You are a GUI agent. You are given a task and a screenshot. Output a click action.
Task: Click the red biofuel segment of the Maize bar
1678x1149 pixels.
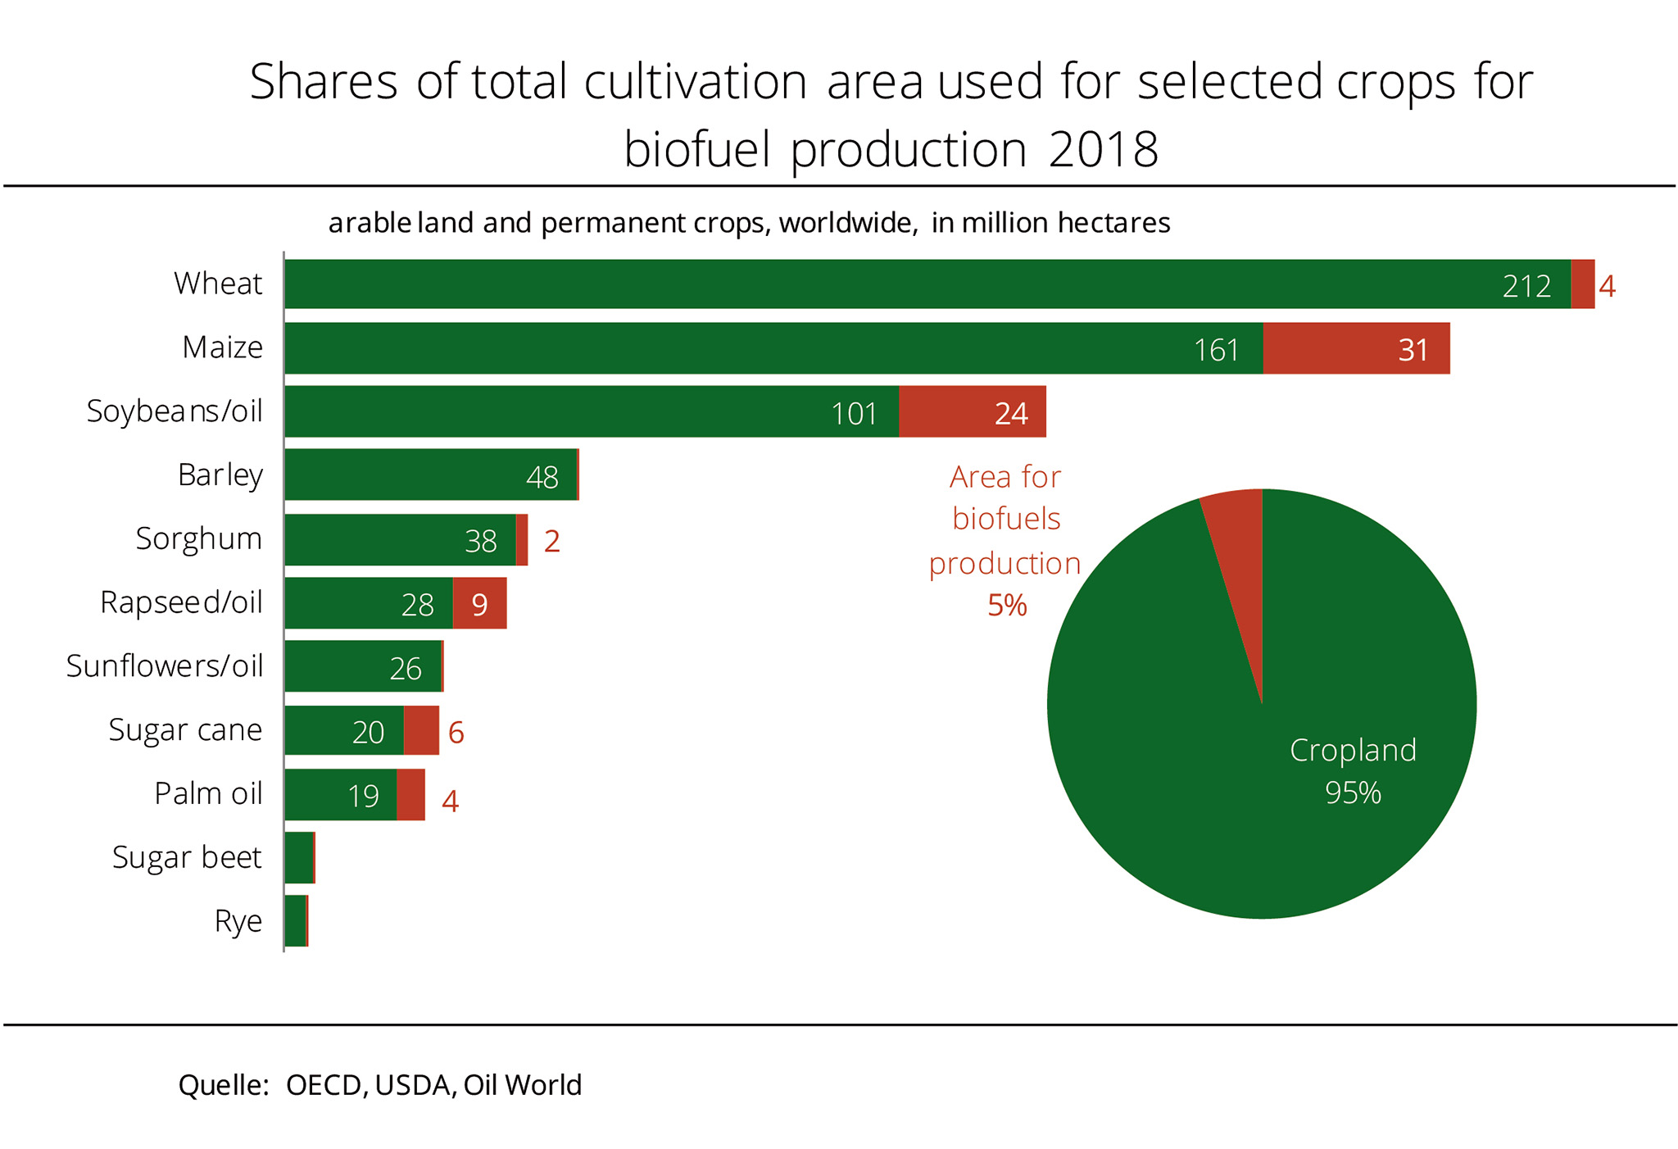[1356, 348]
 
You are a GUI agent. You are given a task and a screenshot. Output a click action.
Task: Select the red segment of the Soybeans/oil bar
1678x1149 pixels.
[972, 411]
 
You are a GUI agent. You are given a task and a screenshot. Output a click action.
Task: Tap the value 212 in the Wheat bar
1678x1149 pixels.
[1526, 286]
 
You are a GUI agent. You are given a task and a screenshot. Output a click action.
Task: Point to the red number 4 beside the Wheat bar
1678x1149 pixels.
[1607, 286]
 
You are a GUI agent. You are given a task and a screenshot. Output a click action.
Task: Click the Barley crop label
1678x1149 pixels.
[220, 475]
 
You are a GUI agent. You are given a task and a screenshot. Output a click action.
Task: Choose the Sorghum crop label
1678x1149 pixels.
[198, 538]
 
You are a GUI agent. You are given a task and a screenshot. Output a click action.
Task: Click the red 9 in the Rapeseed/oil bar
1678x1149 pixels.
[480, 605]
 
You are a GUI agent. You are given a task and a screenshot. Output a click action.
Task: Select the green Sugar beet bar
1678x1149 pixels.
[299, 857]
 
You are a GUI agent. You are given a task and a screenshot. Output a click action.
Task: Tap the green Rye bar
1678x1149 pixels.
[295, 920]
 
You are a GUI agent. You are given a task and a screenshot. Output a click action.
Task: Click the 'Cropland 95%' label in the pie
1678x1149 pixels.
[1353, 770]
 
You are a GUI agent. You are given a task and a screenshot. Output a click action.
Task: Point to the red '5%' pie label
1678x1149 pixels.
[1007, 606]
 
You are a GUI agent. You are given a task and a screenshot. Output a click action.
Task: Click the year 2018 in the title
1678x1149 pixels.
[1103, 150]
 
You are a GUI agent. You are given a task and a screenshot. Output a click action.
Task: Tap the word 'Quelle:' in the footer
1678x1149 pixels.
[224, 1084]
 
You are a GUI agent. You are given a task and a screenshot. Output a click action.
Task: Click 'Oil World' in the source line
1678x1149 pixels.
[523, 1084]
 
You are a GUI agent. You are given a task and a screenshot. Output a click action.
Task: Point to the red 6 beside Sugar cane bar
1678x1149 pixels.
[456, 732]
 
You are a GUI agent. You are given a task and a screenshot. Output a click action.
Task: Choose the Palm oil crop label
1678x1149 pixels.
[208, 793]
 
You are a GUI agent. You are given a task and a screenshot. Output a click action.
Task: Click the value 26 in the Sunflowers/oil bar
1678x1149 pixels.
[406, 669]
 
